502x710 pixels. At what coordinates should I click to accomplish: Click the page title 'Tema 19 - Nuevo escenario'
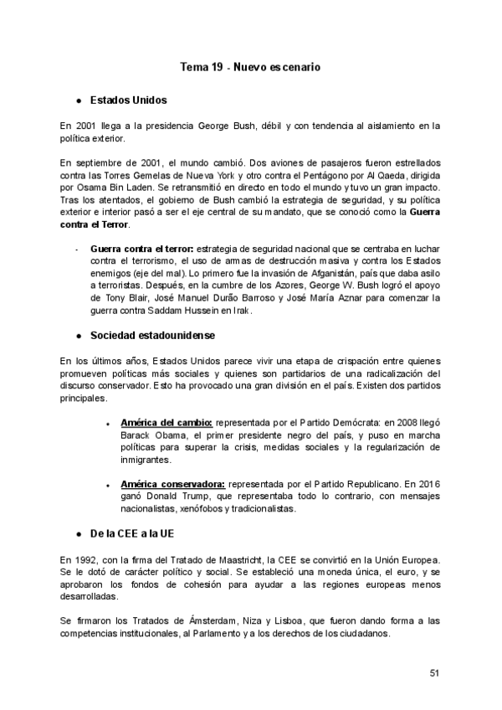[251, 65]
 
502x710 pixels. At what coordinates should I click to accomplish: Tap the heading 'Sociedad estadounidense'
[153, 336]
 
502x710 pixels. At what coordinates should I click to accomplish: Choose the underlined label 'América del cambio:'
[167, 424]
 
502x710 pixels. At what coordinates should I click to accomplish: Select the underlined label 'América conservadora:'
[172, 484]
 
